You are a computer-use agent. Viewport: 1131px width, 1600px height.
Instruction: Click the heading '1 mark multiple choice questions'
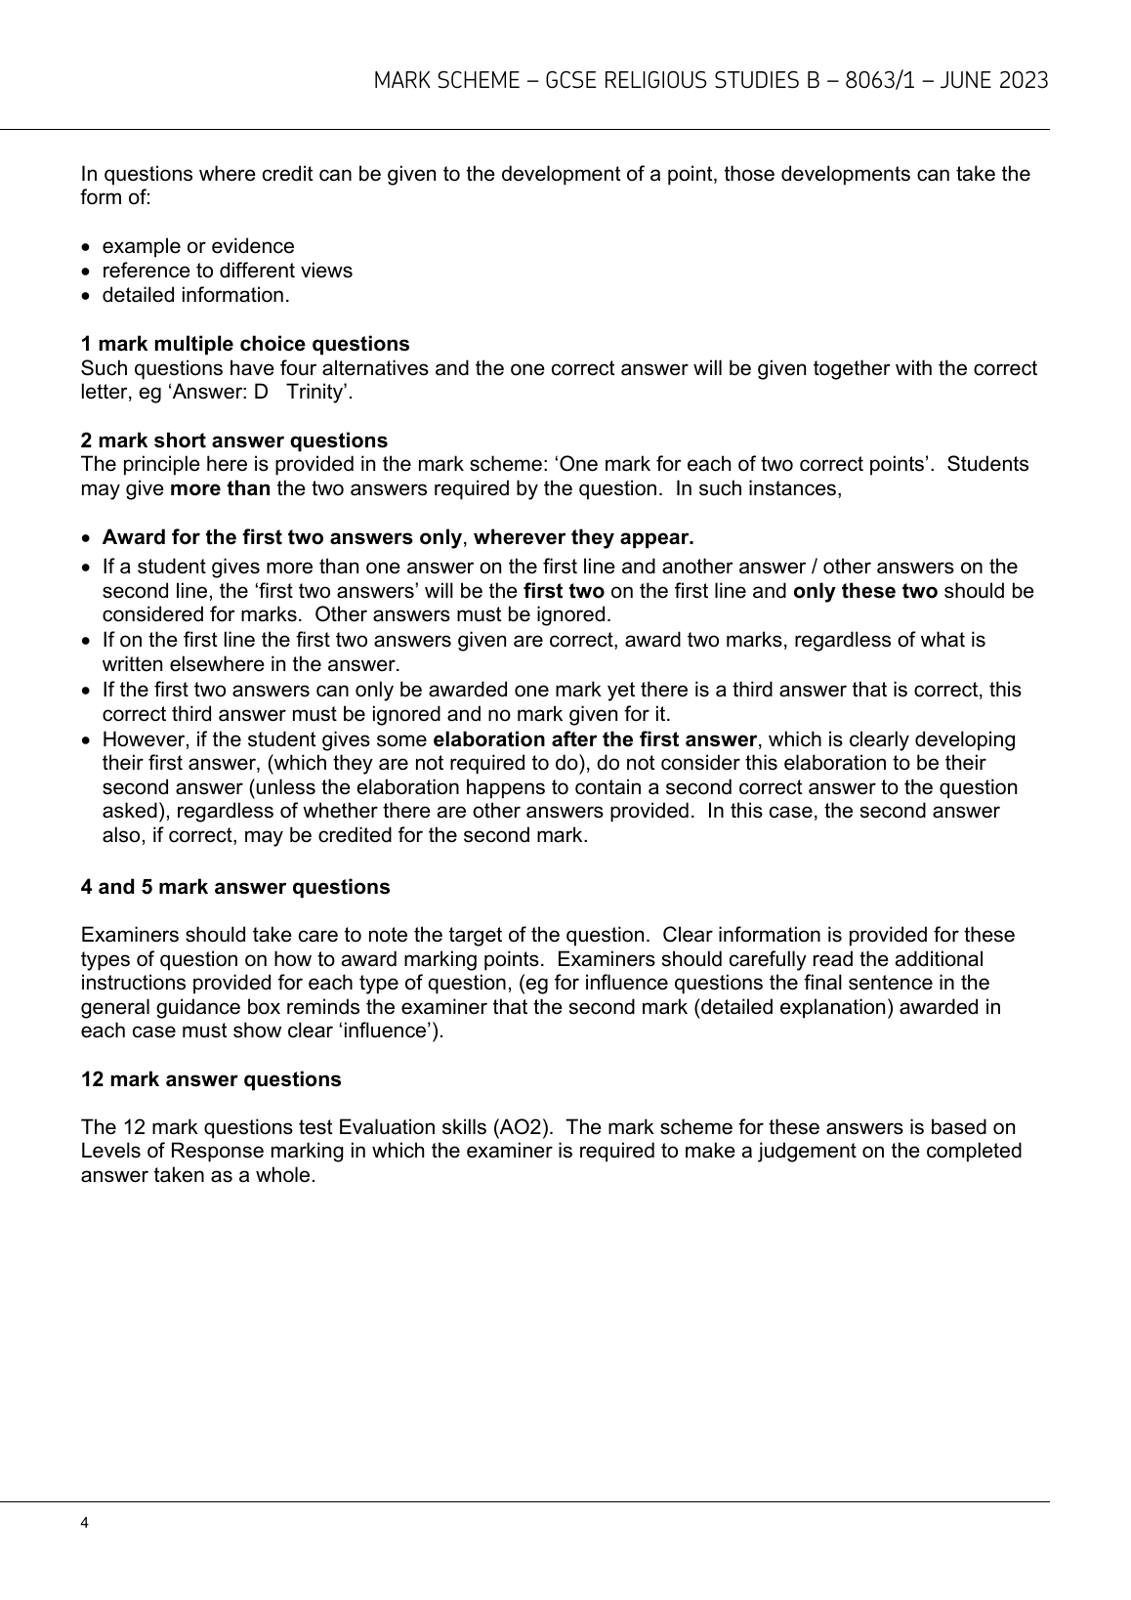[245, 344]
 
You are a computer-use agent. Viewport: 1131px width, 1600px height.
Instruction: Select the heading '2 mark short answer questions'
[233, 441]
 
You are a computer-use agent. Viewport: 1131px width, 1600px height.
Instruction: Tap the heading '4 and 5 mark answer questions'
[235, 887]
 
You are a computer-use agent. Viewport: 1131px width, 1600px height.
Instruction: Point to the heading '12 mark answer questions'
[211, 1079]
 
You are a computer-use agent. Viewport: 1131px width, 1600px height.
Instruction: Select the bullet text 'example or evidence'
[198, 246]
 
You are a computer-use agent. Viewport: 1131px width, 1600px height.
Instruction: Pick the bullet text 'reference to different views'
[227, 271]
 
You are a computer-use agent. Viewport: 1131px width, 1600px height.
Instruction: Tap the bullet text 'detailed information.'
[195, 295]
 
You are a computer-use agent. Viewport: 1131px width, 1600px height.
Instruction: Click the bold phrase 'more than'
[220, 488]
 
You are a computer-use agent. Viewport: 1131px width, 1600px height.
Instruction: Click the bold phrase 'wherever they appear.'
[584, 537]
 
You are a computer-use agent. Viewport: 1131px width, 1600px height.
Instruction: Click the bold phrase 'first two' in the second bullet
[564, 591]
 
